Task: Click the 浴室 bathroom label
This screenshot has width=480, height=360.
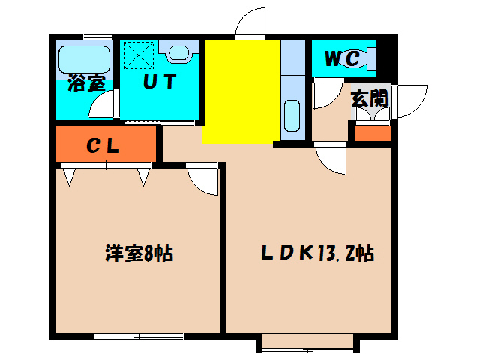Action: [85, 82]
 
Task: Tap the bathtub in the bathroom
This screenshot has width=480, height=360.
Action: [84, 58]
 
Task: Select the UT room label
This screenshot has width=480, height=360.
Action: [159, 81]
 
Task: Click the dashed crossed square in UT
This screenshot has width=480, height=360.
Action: [139, 54]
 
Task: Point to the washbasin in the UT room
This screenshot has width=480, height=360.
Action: [181, 52]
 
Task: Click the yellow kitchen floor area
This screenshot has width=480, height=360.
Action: [241, 90]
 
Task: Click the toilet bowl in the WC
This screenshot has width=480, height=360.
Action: [367, 58]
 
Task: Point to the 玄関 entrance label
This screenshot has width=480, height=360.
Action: [370, 98]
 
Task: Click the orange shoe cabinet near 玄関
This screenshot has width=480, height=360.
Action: [372, 134]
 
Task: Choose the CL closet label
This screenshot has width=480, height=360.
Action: [103, 146]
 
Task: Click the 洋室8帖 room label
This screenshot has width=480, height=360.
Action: [138, 253]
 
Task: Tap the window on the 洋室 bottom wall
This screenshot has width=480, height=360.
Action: [138, 335]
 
